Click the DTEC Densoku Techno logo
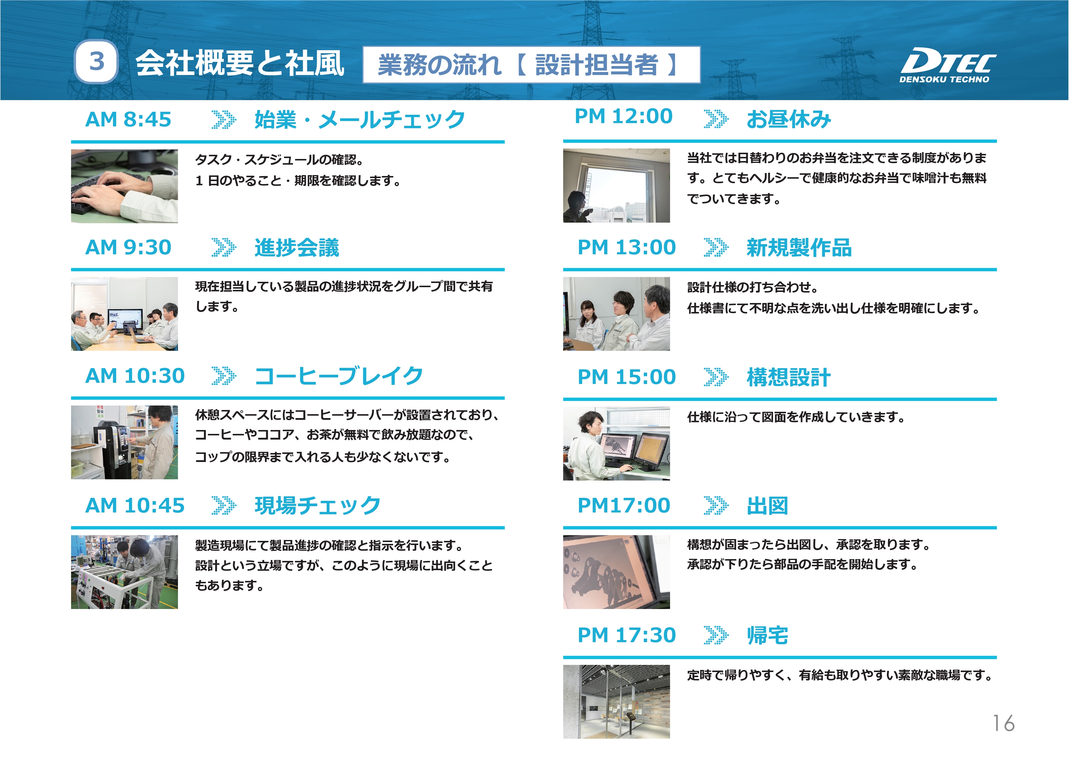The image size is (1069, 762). pos(947,66)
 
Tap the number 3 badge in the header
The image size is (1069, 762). pos(96,62)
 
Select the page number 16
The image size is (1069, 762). pos(1003,723)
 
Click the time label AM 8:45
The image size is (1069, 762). pos(128,119)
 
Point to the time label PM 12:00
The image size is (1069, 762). pos(623,116)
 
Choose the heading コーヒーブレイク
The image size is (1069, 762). pos(339,376)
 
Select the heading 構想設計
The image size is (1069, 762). pos(789,377)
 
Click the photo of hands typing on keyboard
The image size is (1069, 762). pos(124,186)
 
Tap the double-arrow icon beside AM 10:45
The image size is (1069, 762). pos(224,505)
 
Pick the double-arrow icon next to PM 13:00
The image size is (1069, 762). pos(716,247)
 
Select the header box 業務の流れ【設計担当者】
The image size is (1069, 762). pos(532,65)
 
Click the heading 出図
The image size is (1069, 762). pos(767,506)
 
